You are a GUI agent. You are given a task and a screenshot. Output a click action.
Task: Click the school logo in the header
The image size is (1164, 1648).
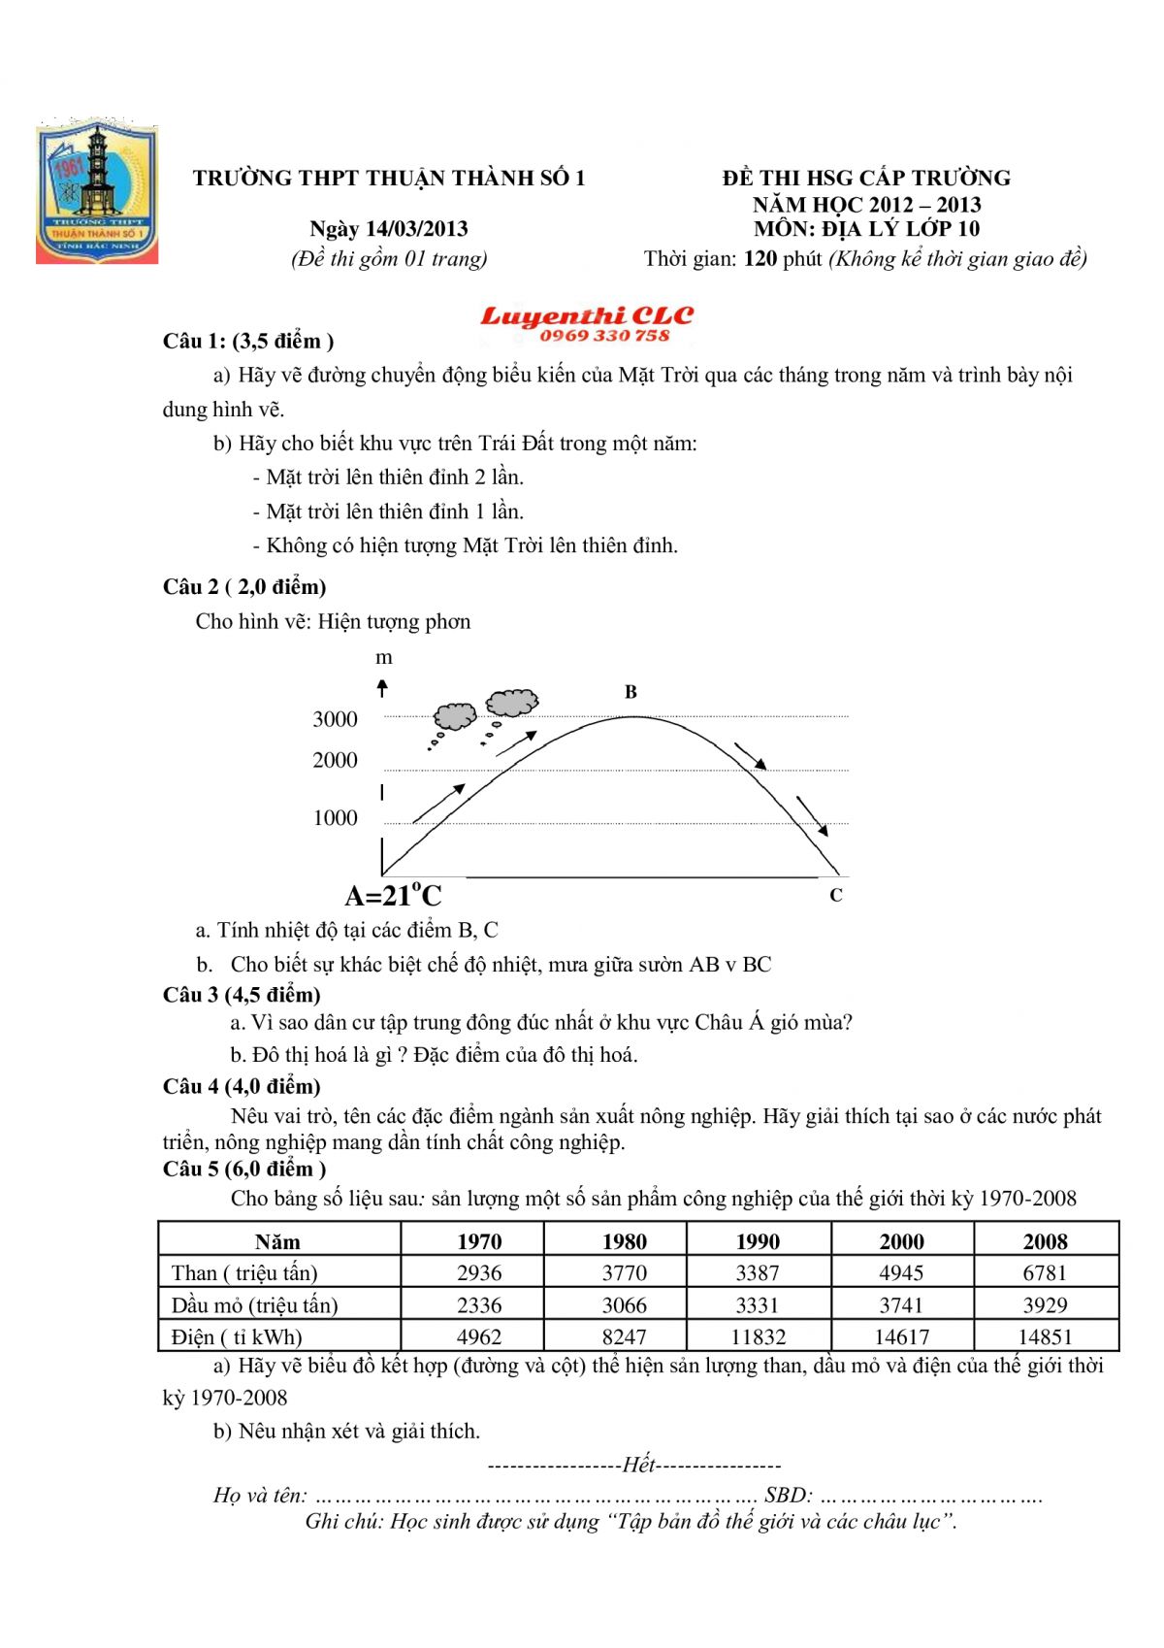[x=96, y=194]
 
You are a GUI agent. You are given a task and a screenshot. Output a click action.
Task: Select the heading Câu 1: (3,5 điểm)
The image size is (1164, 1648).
[x=248, y=341]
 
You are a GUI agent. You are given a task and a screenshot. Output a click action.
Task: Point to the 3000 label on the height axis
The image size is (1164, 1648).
[x=335, y=719]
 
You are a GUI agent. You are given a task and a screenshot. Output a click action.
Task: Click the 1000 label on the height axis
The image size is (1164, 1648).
[x=335, y=818]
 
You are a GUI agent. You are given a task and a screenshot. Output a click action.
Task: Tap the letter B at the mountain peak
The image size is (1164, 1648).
[x=630, y=692]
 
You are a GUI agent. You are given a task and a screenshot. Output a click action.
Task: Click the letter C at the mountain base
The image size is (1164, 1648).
[x=836, y=895]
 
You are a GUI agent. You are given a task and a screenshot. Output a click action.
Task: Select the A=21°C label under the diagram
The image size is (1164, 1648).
[x=393, y=895]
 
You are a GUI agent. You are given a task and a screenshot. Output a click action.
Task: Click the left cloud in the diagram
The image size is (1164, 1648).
[x=454, y=716]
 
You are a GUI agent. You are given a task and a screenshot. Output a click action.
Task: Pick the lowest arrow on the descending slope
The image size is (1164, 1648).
[x=812, y=815]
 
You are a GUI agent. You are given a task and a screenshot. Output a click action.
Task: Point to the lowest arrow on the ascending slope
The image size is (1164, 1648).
[x=438, y=804]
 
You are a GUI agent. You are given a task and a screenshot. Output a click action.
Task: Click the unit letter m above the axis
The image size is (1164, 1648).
[x=384, y=658]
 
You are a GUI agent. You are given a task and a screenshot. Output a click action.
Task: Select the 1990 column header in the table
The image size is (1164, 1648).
[x=758, y=1241]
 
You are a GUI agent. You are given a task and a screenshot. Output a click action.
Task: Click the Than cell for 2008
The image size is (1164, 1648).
[x=1045, y=1272]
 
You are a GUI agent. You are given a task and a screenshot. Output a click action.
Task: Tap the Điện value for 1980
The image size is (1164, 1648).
[x=624, y=1336]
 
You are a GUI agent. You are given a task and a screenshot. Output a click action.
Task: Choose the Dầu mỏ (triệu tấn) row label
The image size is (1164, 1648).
[x=255, y=1305]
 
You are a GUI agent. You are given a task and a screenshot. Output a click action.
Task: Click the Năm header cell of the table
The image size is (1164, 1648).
[x=277, y=1241]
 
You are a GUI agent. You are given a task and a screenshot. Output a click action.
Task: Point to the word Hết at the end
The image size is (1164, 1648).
[x=638, y=1465]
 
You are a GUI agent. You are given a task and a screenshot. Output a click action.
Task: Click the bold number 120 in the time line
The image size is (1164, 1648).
[x=760, y=259]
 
